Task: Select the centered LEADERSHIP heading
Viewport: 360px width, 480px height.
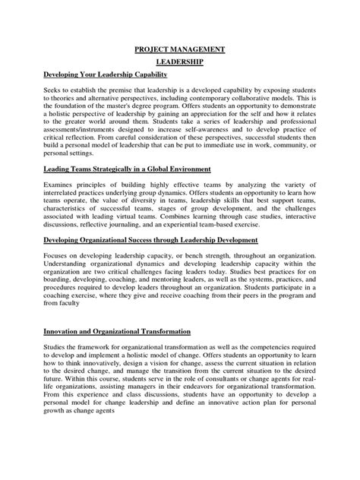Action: tap(178, 64)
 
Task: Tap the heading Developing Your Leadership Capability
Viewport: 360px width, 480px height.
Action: tap(115, 77)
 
